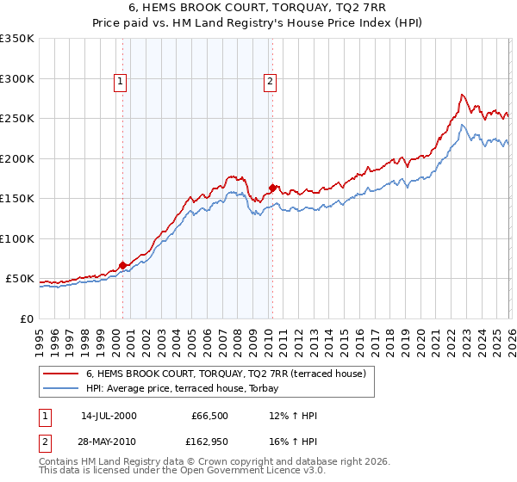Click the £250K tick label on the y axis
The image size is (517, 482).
point(17,119)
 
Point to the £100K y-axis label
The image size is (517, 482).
point(17,239)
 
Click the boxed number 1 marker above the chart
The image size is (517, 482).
point(119,82)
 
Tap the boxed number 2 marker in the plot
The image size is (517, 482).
point(271,82)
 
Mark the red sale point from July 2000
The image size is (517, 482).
point(122,266)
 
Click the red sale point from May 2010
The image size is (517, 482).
point(273,188)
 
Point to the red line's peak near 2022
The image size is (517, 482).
point(463,95)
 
